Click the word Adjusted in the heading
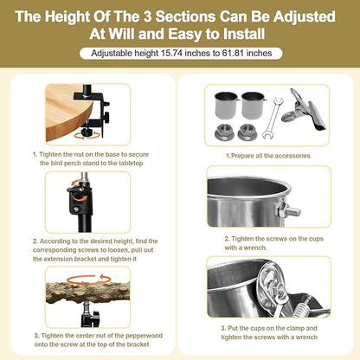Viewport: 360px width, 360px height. pos(305,16)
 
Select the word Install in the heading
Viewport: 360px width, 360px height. pos(244,34)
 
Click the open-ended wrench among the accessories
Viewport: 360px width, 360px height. pos(273,119)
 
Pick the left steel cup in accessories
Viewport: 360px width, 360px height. pos(227,106)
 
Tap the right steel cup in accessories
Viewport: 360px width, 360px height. pos(253,106)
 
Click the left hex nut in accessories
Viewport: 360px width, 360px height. pos(223,132)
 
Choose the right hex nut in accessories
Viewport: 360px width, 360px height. pos(247,132)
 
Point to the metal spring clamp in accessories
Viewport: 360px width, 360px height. pos(303,111)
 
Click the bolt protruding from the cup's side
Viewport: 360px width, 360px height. pos(289,211)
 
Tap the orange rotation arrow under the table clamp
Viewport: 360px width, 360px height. pos(88,136)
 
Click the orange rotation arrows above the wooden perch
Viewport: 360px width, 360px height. pos(89,280)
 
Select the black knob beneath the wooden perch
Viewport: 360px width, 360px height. pos(91,316)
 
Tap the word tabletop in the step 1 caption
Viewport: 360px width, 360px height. pos(128,164)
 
